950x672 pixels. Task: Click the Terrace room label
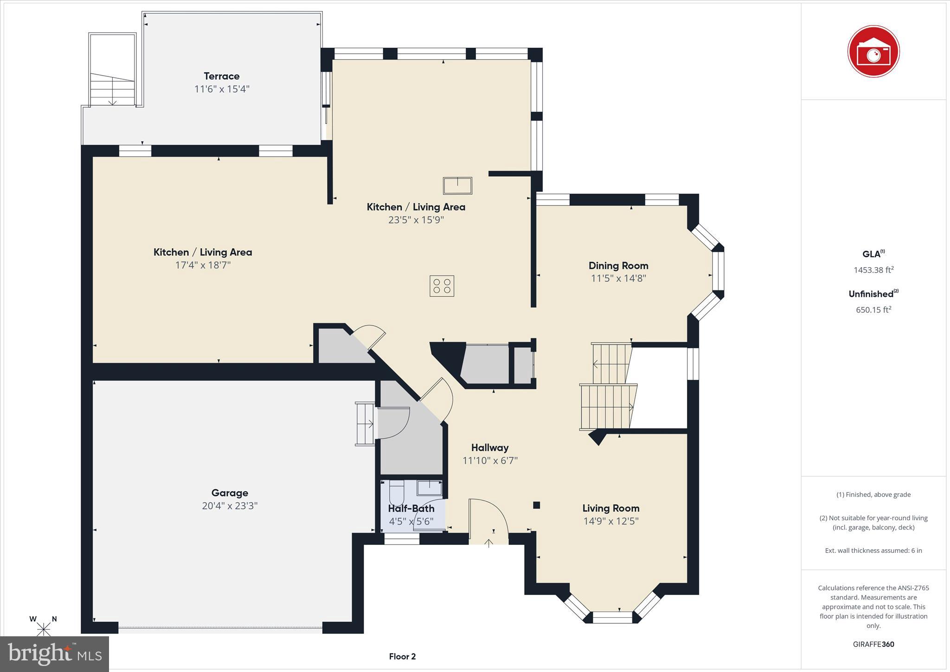[221, 76]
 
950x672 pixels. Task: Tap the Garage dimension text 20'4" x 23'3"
[230, 506]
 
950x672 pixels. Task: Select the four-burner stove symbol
[441, 286]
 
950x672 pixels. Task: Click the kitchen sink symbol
[457, 186]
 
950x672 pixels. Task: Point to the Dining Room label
[618, 266]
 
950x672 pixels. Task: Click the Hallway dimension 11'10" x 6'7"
[490, 461]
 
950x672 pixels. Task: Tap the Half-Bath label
[411, 508]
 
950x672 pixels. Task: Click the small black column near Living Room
[537, 505]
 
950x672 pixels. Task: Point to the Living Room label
[610, 508]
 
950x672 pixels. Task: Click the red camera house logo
[873, 51]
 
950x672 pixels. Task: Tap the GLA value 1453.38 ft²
[873, 270]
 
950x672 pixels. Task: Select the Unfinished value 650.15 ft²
[873, 310]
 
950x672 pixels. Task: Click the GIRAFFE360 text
[873, 644]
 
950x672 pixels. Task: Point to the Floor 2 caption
[402, 656]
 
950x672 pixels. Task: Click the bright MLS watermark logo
[54, 654]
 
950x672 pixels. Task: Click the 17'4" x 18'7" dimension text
[203, 265]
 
